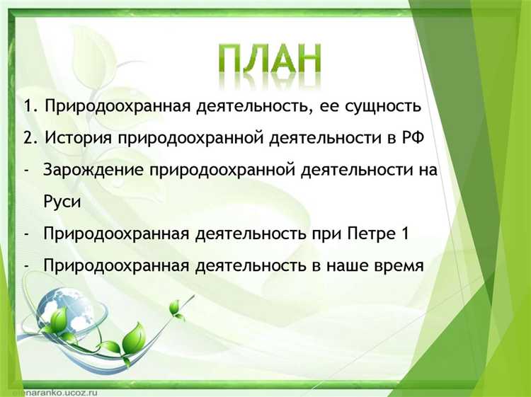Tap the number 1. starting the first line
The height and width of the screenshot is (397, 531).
pos(30,107)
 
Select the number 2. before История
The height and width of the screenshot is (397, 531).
pos(30,138)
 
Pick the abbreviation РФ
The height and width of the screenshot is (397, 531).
pos(411,137)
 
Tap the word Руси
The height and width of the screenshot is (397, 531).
pos(62,202)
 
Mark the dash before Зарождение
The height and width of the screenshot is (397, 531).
pos(27,171)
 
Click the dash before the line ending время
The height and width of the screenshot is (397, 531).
pos(27,266)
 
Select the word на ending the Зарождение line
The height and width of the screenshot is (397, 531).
pos(426,171)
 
